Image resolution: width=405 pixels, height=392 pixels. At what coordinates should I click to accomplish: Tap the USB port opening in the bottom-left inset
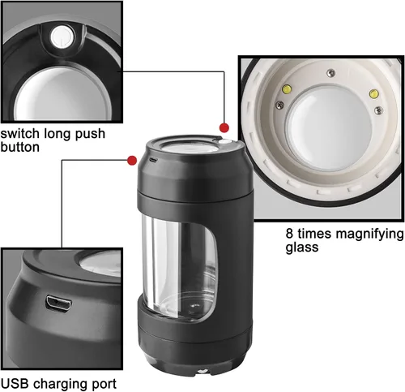coord(58,304)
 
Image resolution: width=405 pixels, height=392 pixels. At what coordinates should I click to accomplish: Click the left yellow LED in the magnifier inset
coord(287,88)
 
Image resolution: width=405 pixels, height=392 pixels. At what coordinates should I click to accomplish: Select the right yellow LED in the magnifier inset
coord(373,93)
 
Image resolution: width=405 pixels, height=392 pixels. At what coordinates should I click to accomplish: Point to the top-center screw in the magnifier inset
coord(331,73)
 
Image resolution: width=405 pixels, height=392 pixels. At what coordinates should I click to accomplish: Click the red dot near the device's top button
coord(224,127)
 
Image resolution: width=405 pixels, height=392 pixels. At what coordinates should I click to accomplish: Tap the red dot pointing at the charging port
coord(132,161)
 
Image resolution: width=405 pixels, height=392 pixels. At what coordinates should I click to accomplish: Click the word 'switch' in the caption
coord(20,133)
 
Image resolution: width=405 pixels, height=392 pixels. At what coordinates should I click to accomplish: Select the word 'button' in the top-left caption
coord(20,147)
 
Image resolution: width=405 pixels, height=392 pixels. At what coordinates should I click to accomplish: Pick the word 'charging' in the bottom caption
coord(63,385)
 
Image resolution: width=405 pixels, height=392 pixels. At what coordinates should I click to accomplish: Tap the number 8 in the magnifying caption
coord(289,233)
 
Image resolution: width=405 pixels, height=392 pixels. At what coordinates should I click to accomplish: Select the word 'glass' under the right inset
coord(302,248)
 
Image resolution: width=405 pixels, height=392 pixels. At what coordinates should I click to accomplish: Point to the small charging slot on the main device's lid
coord(153,160)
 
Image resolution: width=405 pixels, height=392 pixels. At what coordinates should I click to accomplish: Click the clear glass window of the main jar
coord(180,266)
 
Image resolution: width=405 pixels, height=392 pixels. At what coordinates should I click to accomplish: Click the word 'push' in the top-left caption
coord(90,135)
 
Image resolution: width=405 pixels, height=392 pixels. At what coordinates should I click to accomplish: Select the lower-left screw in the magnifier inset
coord(279,104)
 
